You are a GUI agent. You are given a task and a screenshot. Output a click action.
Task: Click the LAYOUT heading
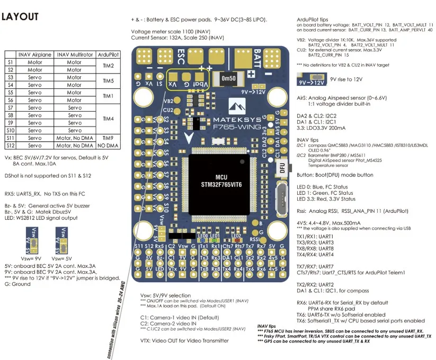coord(20,17)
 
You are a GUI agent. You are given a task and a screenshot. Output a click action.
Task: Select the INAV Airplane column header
coord(35,54)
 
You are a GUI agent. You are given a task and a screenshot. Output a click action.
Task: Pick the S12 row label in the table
coord(10,145)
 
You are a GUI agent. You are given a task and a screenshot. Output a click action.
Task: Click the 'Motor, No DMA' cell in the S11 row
coord(74,137)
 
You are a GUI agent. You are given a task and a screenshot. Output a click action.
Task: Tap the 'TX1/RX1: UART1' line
coord(315,236)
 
